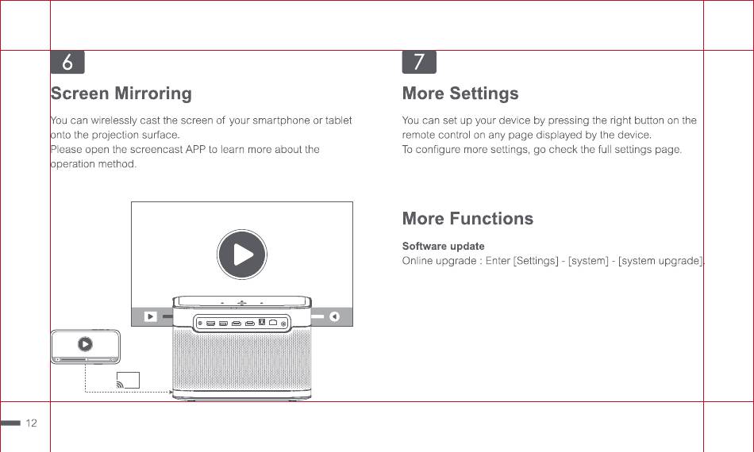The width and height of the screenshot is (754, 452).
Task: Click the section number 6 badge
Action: coord(67,62)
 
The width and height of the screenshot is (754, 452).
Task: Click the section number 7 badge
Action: coord(419,62)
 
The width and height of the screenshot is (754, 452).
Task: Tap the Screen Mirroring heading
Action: coord(121,94)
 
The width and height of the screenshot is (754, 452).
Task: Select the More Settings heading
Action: coord(460,94)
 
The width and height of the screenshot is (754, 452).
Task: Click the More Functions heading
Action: coord(468,219)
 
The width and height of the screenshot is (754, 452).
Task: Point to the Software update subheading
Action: coord(444,246)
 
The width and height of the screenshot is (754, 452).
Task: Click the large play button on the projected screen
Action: coord(242,255)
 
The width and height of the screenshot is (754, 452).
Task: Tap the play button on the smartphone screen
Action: coord(85,344)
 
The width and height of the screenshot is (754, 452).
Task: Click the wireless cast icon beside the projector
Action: coord(128,380)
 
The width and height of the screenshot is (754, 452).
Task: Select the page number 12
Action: coord(31,423)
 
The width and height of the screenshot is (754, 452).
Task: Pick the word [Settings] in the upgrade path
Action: coord(537,261)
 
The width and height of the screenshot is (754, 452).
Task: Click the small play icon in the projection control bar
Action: coord(151,316)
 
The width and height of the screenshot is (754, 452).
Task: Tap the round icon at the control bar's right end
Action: coord(334,316)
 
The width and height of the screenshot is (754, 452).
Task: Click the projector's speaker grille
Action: coord(241,360)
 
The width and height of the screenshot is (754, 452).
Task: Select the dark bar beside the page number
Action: coord(10,423)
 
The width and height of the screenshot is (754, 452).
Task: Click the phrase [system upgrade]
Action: coord(660,261)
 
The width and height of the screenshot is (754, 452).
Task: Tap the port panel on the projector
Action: coord(241,323)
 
